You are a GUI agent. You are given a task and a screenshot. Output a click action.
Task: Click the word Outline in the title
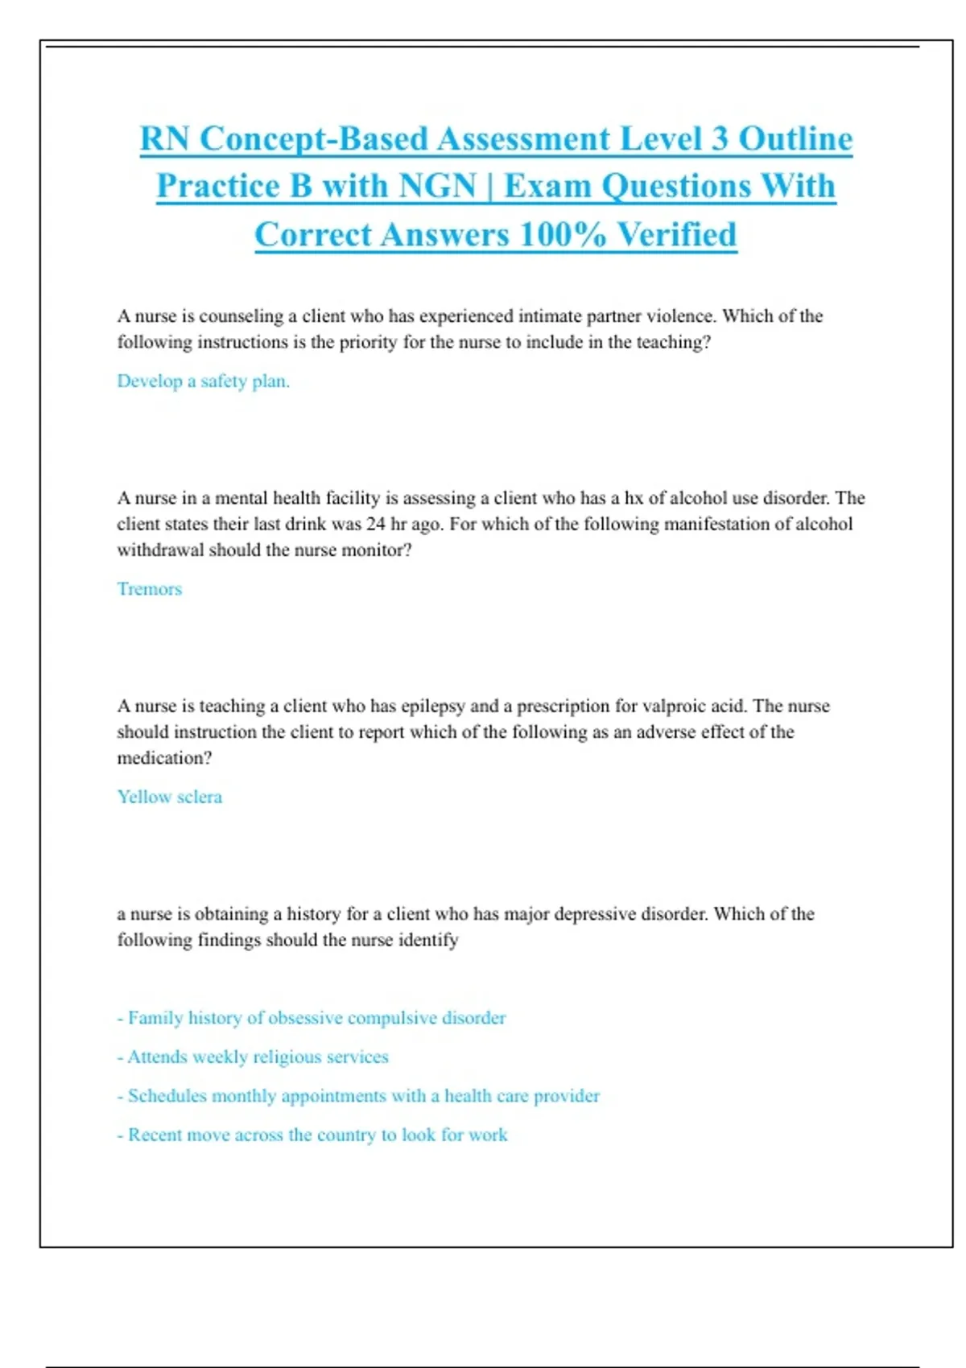pos(795,138)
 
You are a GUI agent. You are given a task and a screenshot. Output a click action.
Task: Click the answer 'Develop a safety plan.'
pos(203,381)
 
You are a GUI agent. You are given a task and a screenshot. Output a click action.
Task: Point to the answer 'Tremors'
pos(150,589)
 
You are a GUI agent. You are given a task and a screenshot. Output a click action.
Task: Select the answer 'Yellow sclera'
pos(169,797)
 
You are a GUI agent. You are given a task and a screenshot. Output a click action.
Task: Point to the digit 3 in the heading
pos(719,138)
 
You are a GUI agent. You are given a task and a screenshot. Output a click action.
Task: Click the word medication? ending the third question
pos(164,758)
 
